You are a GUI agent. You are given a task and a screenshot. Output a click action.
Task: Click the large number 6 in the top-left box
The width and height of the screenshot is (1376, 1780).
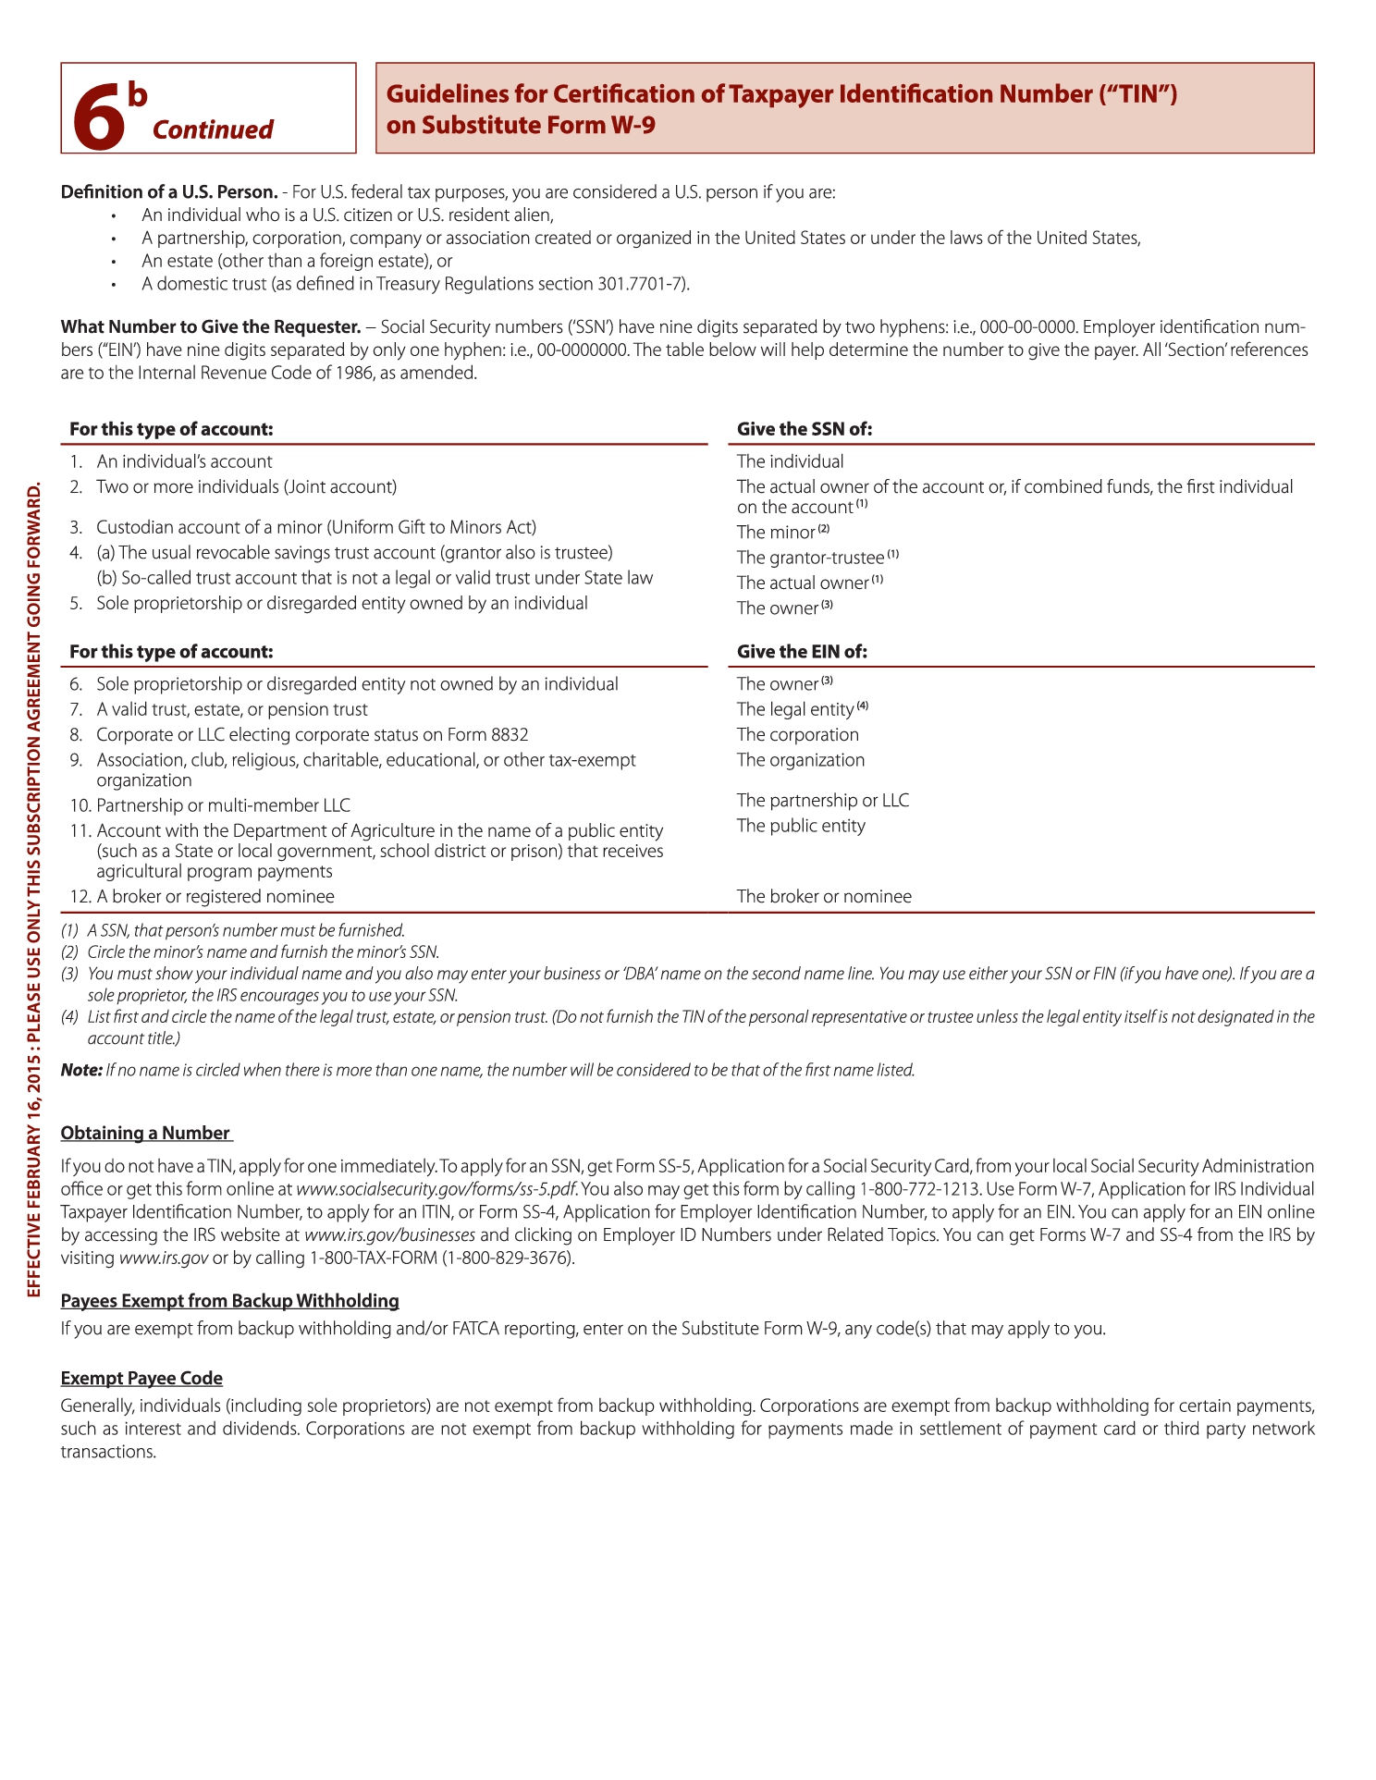(99, 117)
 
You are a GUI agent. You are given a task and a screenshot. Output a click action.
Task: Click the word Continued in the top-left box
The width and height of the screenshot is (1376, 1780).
(213, 129)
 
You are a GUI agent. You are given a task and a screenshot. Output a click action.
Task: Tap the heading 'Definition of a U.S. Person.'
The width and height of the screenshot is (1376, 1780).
(169, 192)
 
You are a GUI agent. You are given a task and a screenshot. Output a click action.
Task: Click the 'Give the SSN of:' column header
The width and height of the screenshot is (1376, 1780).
(805, 429)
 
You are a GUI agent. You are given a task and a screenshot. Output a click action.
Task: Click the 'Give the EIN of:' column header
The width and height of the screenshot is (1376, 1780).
(802, 652)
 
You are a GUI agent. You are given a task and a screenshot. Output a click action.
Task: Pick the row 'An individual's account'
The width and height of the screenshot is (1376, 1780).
(184, 461)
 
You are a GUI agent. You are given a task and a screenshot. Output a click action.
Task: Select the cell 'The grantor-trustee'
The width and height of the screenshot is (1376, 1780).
(810, 558)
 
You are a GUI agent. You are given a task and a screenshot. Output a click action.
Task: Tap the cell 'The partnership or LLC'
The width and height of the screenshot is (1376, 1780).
(823, 801)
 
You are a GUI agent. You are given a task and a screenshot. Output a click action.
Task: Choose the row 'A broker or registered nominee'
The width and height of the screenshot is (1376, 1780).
(215, 897)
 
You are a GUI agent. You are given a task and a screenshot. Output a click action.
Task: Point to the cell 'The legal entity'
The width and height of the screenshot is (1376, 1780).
(795, 709)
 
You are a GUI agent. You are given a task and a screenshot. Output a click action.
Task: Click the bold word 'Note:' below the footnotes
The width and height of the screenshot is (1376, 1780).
(81, 1070)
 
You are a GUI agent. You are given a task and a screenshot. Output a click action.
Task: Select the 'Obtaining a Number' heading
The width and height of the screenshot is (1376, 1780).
(145, 1134)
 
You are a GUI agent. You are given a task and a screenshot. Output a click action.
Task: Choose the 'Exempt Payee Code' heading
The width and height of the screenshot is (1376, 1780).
(141, 1379)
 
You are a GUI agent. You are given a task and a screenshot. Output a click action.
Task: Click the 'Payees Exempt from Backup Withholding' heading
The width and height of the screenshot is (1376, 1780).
(229, 1301)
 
